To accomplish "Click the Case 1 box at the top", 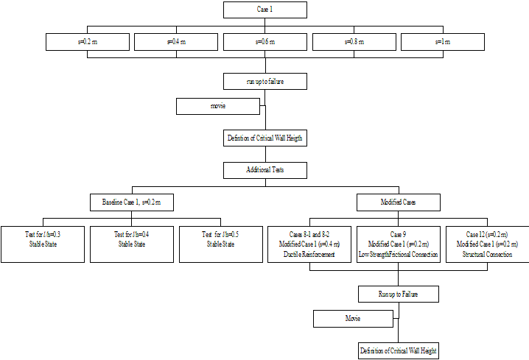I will point(264,10).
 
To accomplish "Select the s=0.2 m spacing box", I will point(87,42).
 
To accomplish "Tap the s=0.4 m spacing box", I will point(175,42).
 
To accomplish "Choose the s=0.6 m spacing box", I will point(264,42).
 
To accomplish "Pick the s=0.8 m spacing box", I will point(354,42).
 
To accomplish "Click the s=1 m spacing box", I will point(443,42).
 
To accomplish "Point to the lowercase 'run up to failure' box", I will point(264,81).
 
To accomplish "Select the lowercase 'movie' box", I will point(218,107).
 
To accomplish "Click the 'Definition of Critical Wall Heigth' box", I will point(264,138).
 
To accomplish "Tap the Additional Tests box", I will point(264,170).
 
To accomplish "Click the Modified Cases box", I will point(398,202).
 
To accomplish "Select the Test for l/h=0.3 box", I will point(42,244).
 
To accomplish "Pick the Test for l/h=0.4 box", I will point(131,244).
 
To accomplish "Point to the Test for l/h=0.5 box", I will point(220,244).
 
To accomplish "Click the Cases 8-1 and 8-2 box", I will point(309,244).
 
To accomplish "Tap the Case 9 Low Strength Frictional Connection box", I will point(398,244).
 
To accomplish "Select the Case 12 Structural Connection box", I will point(487,244).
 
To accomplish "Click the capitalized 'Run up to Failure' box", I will point(398,294).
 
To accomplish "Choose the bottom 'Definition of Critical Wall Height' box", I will point(398,350).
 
